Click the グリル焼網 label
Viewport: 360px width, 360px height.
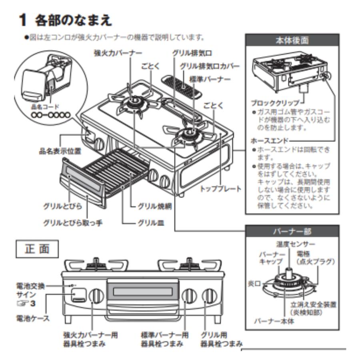pyautogui.click(x=152, y=207)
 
